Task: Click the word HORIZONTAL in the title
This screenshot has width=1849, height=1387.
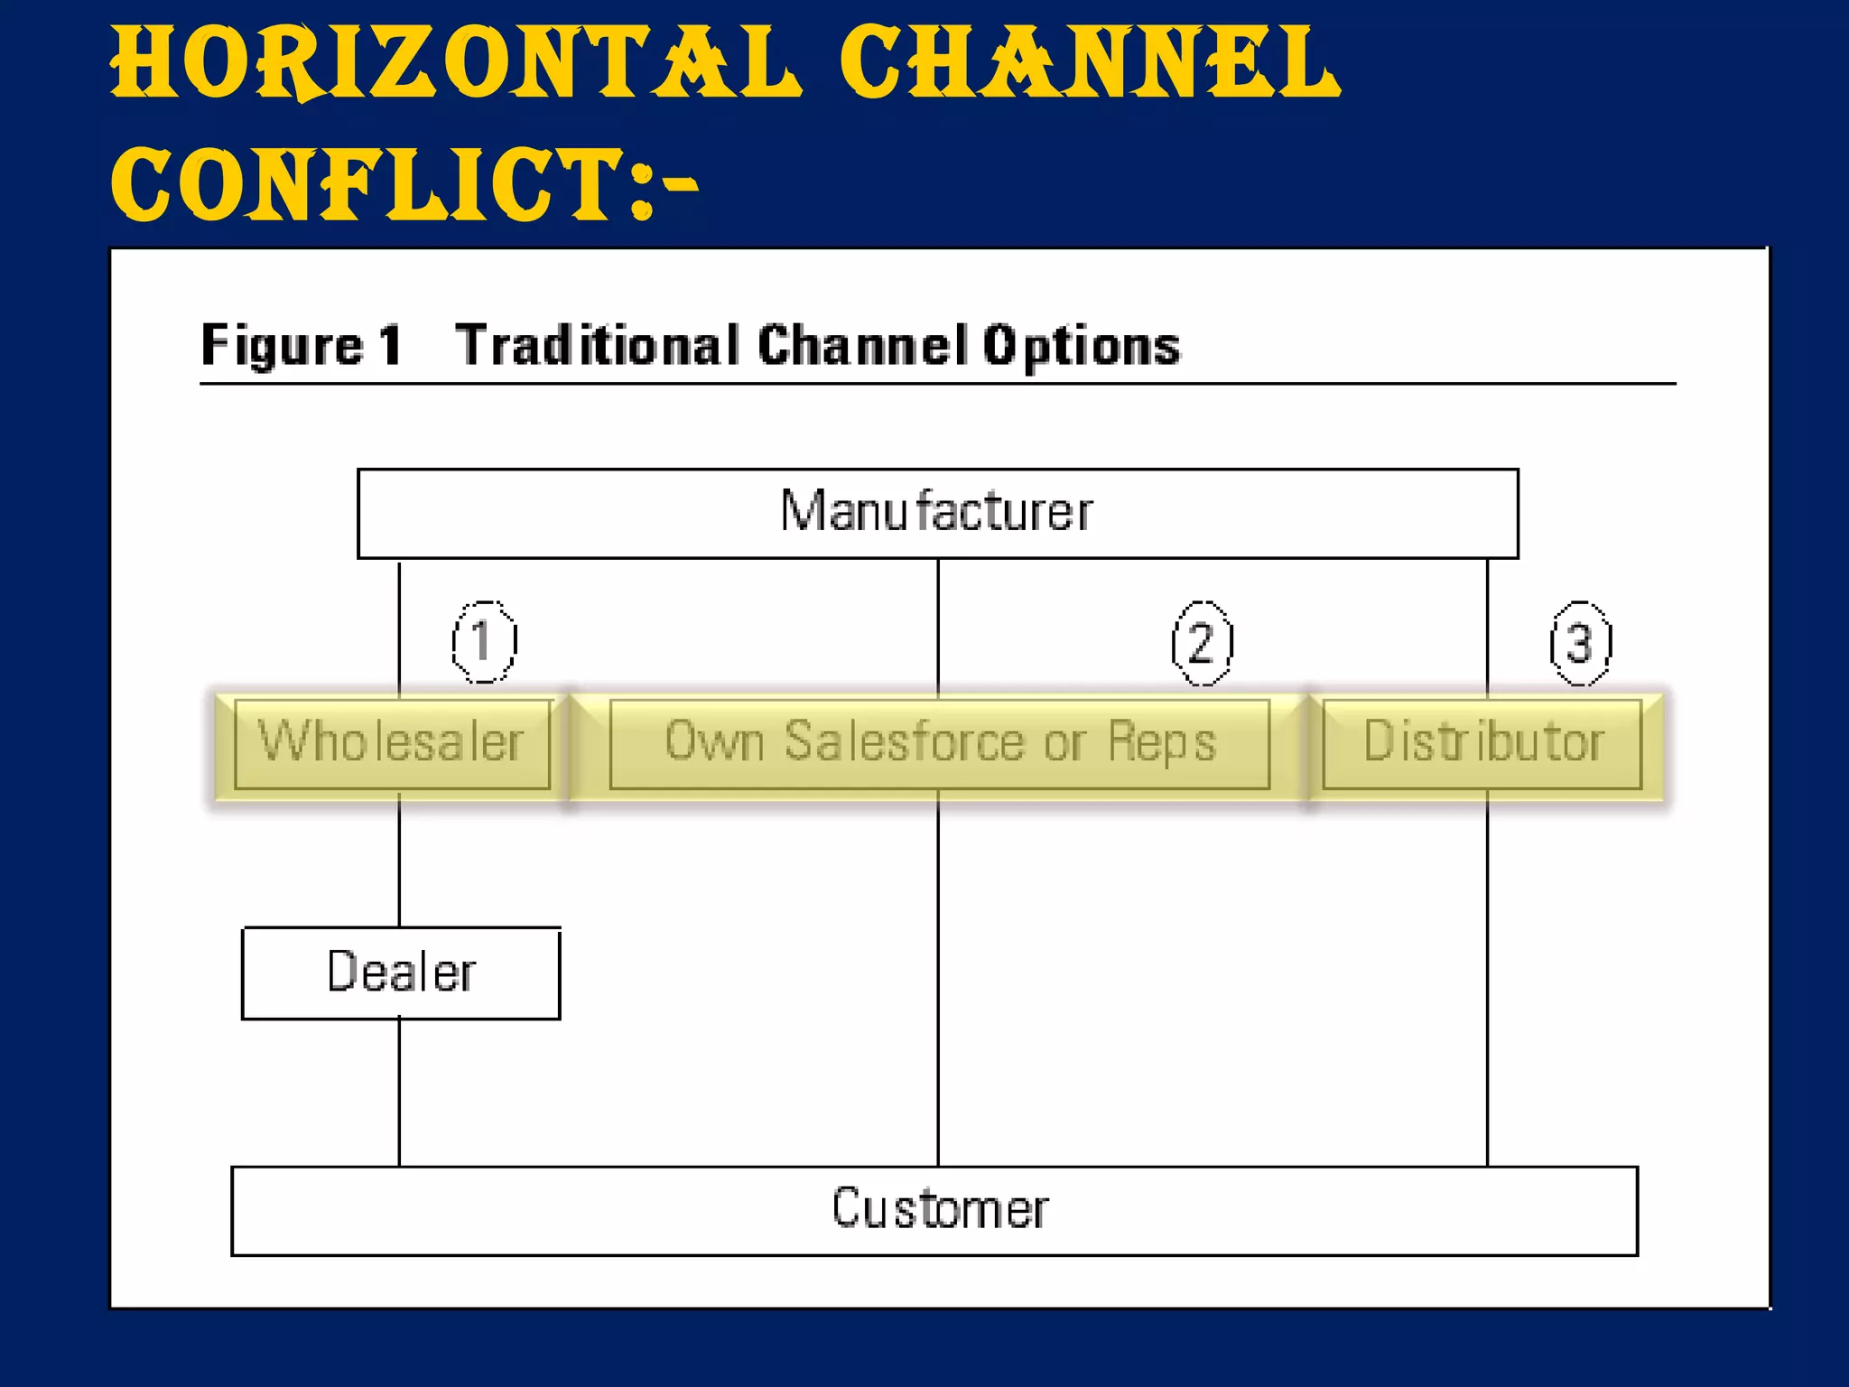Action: click(x=456, y=63)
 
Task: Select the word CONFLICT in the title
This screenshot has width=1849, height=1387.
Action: click(x=370, y=185)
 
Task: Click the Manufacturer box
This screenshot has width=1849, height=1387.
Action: click(x=937, y=513)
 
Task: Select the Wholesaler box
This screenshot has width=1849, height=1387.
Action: click(x=392, y=743)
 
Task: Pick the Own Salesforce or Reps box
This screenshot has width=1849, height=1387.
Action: click(x=939, y=743)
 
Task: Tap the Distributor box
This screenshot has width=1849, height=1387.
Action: click(x=1482, y=743)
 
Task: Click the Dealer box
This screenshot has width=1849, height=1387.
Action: click(x=401, y=973)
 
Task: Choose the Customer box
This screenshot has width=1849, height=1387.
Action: click(x=935, y=1210)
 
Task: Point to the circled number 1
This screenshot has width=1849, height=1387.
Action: click(x=484, y=642)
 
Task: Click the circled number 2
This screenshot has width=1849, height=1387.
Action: click(x=1202, y=644)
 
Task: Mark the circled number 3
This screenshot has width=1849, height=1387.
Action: click(x=1580, y=644)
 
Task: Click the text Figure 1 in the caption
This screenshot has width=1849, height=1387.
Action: click(x=301, y=346)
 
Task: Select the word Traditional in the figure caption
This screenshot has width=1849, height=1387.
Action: click(x=597, y=346)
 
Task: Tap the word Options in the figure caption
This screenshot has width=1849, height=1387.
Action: click(x=1082, y=346)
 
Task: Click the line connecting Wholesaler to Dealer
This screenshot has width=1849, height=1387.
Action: click(x=399, y=858)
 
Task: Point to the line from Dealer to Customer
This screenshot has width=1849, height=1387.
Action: click(x=399, y=1093)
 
